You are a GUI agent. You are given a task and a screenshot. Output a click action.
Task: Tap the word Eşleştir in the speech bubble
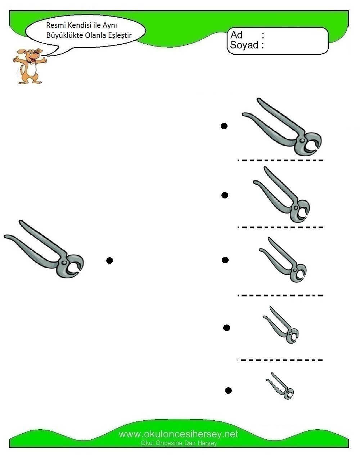[x=120, y=35]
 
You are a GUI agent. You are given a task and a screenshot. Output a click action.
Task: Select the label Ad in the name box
[x=236, y=35]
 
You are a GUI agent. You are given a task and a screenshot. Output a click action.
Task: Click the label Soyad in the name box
[x=244, y=45]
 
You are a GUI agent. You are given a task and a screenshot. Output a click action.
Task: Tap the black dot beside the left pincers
[x=109, y=260]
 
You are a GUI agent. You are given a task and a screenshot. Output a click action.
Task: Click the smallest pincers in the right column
[x=280, y=386]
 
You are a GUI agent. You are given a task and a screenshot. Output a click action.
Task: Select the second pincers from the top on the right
[x=282, y=194]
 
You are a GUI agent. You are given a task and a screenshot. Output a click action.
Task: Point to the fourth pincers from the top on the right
[x=281, y=325]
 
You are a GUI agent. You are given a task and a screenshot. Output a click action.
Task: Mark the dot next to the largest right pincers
[x=224, y=126]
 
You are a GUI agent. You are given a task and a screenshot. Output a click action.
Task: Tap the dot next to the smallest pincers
[x=228, y=390]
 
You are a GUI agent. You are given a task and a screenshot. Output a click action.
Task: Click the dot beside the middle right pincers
[x=225, y=260]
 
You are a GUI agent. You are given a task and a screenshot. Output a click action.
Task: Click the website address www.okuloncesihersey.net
[x=179, y=434]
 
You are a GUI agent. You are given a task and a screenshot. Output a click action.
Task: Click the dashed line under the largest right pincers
[x=280, y=160]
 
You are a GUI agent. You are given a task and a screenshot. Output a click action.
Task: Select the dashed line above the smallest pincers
[x=280, y=360]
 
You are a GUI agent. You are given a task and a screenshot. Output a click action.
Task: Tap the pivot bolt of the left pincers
[x=64, y=263]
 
